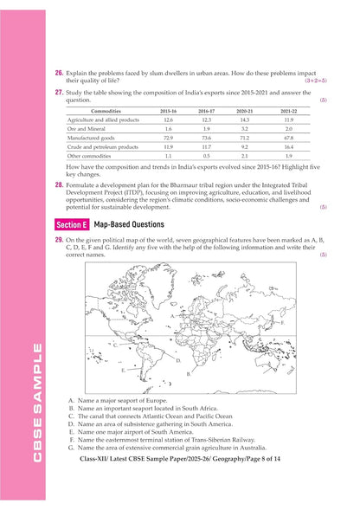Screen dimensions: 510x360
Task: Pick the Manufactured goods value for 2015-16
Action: pyautogui.click(x=168, y=138)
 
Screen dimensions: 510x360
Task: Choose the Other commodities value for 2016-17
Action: pyautogui.click(x=207, y=156)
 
